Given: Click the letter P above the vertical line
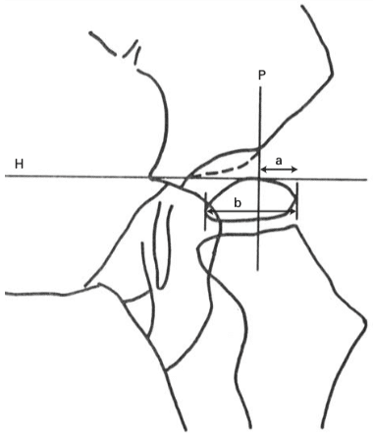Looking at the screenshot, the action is click(261, 76).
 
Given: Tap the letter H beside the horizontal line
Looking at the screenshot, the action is click(20, 164).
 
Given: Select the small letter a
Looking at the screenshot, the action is click(279, 161).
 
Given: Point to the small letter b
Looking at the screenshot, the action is click(238, 203).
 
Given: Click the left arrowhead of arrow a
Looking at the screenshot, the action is click(263, 169).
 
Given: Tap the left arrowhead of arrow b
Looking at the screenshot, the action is click(210, 213).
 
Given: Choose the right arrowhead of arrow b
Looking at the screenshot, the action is click(293, 213).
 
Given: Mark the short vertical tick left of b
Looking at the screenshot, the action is click(205, 211).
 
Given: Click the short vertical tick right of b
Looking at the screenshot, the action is click(297, 201).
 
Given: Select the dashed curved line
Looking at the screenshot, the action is click(226, 168).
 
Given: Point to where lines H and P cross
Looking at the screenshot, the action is click(259, 179).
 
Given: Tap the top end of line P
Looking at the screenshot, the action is click(260, 86).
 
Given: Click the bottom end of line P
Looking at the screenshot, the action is click(258, 270).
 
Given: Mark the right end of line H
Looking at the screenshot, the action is click(367, 180).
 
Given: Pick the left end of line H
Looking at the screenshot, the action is click(5, 176).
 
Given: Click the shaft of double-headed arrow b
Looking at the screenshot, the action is click(251, 213).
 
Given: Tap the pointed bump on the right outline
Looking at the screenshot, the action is click(364, 324).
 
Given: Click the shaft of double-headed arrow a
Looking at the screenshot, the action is click(279, 169).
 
